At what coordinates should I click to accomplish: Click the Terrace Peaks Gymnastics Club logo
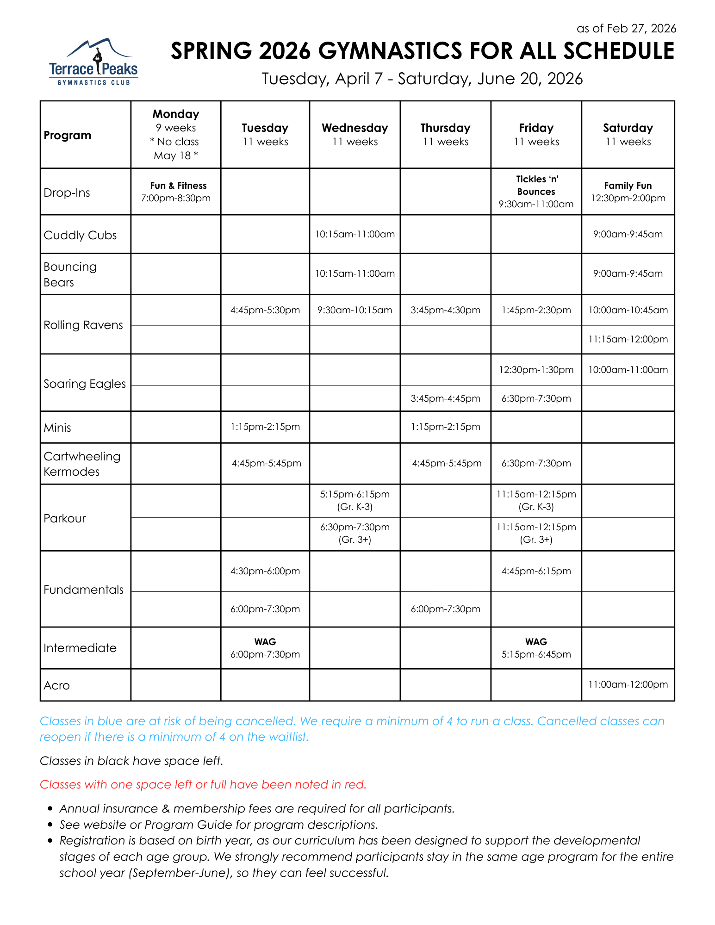[93, 62]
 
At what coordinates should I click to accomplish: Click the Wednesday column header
[355, 134]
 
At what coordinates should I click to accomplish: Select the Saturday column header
[628, 134]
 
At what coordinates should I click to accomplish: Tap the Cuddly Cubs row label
[80, 235]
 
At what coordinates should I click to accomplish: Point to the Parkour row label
[65, 518]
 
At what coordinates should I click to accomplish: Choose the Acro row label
[56, 685]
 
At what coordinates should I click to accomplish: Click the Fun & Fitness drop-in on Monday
[176, 192]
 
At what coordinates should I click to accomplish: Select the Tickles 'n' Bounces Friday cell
[536, 192]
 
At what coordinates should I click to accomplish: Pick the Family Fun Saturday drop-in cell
[628, 192]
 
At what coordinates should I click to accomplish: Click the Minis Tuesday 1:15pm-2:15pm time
[265, 427]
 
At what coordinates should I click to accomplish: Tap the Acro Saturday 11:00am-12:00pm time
[628, 684]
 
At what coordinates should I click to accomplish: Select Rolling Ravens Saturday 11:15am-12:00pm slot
[628, 339]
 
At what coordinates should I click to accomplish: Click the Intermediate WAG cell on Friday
[536, 648]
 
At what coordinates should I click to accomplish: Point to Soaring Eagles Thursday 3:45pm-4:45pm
[445, 398]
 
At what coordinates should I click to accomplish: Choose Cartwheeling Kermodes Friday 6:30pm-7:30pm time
[536, 463]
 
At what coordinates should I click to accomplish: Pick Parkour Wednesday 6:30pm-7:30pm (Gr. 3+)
[355, 533]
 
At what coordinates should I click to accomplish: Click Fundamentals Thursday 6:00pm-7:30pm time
[445, 609]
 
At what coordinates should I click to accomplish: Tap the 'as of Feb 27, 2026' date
[626, 29]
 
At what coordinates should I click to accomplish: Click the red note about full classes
[203, 784]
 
